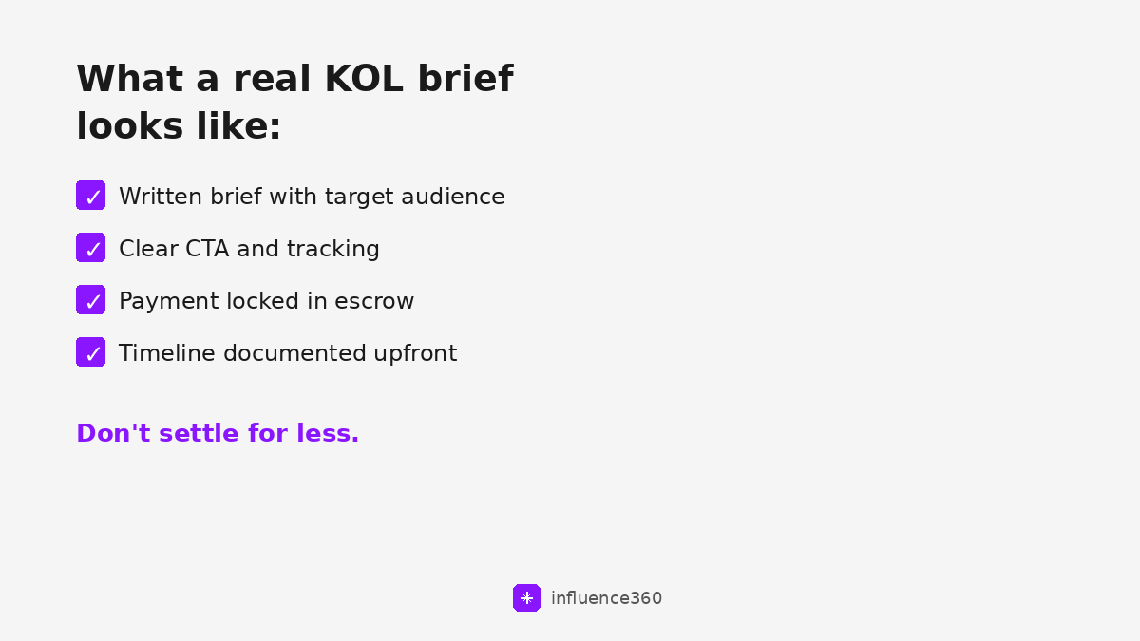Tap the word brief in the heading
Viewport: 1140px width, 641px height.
pyautogui.click(x=465, y=80)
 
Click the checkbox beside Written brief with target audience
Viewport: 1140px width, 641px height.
pyautogui.click(x=91, y=196)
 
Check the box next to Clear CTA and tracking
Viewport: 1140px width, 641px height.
pyautogui.click(x=91, y=248)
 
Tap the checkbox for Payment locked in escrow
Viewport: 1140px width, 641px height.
pyautogui.click(x=91, y=300)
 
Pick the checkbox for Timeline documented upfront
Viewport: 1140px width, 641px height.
pyautogui.click(x=91, y=352)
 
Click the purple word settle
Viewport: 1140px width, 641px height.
pyautogui.click(x=199, y=433)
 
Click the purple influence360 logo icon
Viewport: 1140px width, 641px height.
pyautogui.click(x=526, y=598)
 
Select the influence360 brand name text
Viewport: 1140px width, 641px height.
pyautogui.click(x=606, y=598)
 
